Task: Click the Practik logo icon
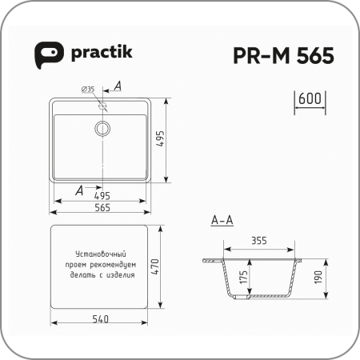click(x=49, y=55)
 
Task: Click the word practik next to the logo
click(x=102, y=53)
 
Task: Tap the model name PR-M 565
click(x=283, y=55)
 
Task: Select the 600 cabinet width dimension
click(x=310, y=98)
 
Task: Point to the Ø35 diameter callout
click(x=88, y=89)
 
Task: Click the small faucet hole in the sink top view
click(x=102, y=106)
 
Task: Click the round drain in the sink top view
click(x=102, y=129)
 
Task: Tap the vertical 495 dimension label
click(x=161, y=138)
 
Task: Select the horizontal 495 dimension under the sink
click(x=102, y=196)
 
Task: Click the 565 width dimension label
click(x=102, y=207)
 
